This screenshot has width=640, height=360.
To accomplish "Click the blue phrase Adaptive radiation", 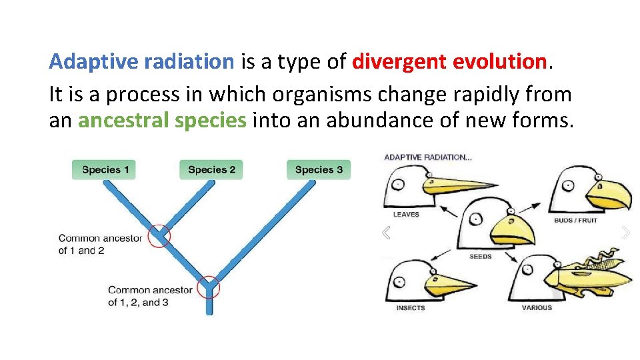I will click(141, 62).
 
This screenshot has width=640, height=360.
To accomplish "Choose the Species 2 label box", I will click(211, 169).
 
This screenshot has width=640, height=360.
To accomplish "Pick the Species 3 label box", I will click(319, 169).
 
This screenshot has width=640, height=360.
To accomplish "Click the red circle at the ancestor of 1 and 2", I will click(159, 235).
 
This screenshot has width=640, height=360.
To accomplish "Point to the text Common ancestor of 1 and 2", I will click(100, 244).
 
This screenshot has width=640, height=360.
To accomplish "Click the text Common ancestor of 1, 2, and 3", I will click(150, 296).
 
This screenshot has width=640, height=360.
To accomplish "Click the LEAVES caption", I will click(406, 215).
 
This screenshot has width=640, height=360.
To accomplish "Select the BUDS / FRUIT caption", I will click(575, 220).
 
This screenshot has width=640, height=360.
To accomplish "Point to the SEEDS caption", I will click(480, 256).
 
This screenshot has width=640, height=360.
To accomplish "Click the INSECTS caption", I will click(410, 308).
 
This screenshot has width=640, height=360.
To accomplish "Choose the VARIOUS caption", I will click(537, 308).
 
